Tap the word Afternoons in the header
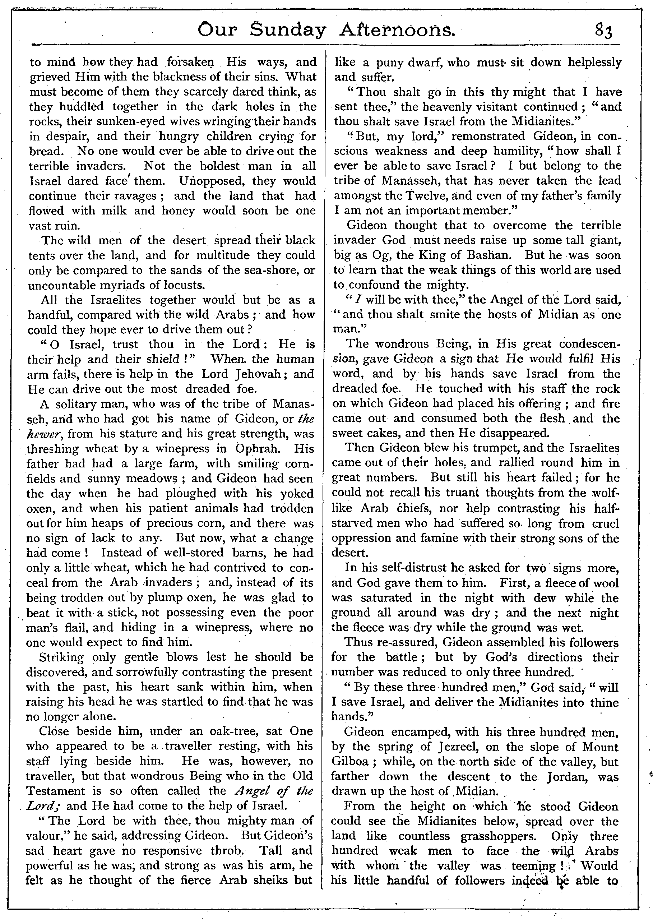[x=398, y=31]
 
